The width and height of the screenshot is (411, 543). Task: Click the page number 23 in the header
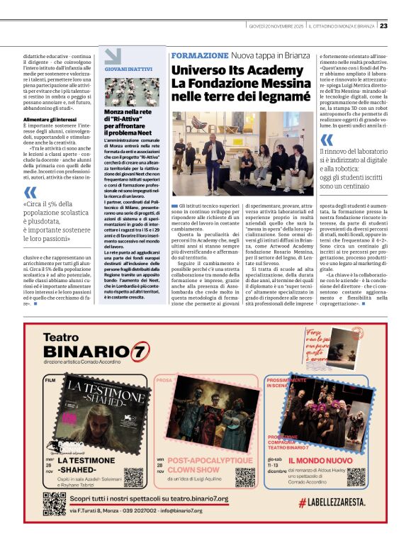point(383,25)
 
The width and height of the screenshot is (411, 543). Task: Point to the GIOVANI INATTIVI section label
point(128,69)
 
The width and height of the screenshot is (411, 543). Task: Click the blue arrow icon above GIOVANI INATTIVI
point(113,56)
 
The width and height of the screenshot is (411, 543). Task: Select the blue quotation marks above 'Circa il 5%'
point(30,193)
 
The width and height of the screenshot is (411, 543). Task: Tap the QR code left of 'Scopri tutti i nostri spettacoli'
point(55,503)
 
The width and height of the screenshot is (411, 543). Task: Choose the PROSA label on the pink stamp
point(164,381)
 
